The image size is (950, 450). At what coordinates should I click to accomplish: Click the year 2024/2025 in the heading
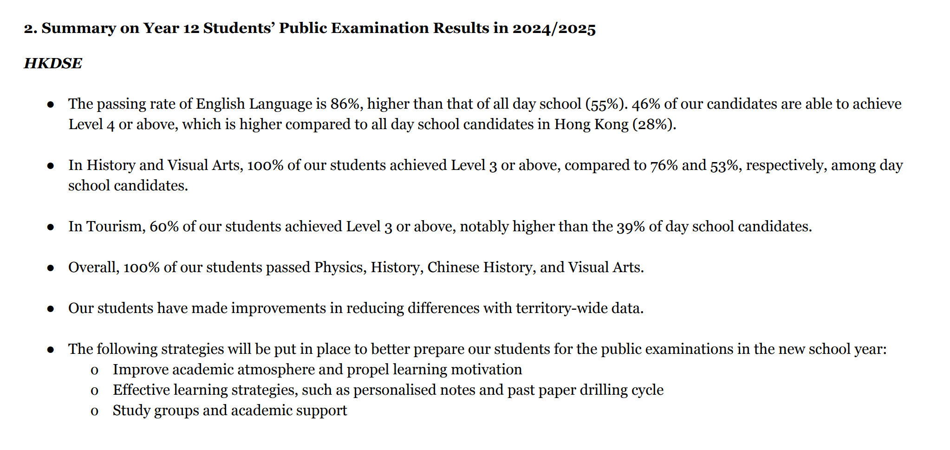pos(553,28)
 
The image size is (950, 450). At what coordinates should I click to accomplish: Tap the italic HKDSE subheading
pos(53,63)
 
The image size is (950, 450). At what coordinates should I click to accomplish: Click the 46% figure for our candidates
pos(646,104)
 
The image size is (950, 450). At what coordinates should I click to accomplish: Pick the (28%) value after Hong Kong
pos(654,124)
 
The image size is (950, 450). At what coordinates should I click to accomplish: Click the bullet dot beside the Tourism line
pos(51,227)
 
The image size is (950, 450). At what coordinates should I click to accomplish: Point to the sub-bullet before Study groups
pos(95,411)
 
